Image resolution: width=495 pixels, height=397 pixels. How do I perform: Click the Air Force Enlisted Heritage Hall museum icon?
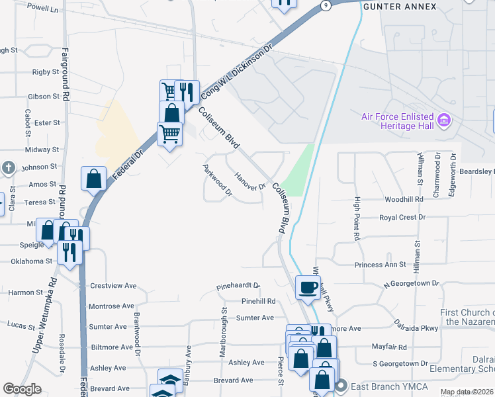(445, 121)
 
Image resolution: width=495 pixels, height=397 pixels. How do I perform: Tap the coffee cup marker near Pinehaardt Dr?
(308, 287)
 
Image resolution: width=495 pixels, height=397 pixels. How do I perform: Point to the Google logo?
(22, 389)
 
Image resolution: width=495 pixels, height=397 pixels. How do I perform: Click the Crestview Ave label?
(112, 286)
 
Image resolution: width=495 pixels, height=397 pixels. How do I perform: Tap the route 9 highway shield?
(326, 5)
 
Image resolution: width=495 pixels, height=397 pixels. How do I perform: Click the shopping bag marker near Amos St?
(93, 178)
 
